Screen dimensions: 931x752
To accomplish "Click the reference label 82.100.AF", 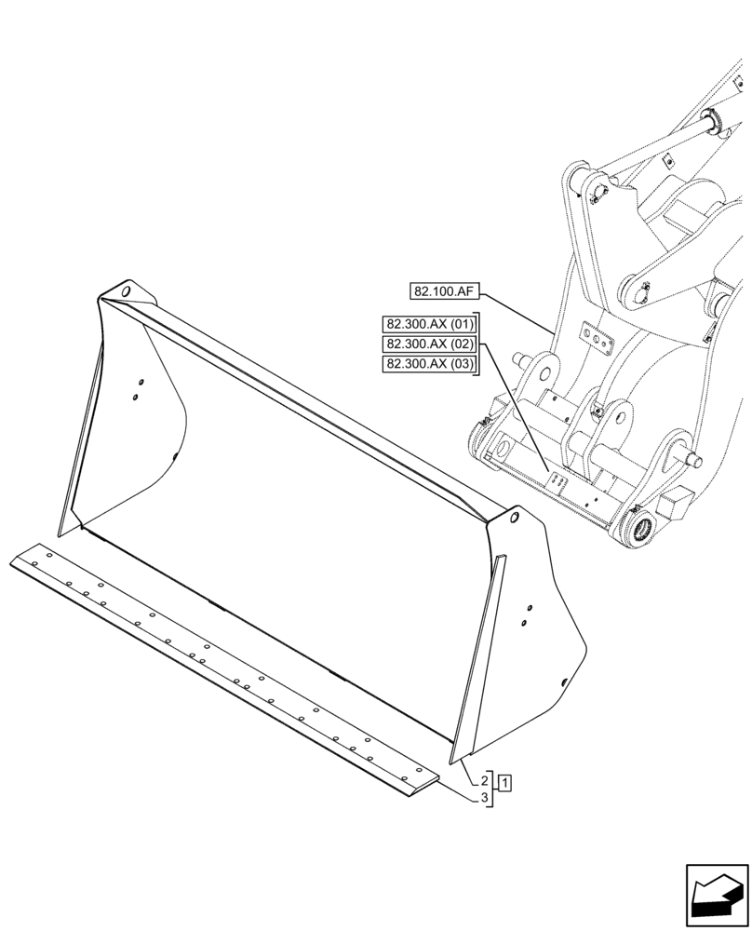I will (444, 291).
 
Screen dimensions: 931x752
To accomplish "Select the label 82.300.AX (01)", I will (429, 324).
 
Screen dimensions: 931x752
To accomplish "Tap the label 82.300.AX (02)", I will (429, 344).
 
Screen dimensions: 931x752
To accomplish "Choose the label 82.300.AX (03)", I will (429, 364).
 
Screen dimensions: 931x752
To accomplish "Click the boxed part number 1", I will (504, 781).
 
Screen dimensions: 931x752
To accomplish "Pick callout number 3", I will (486, 798).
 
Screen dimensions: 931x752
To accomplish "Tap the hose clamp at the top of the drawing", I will (715, 119).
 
